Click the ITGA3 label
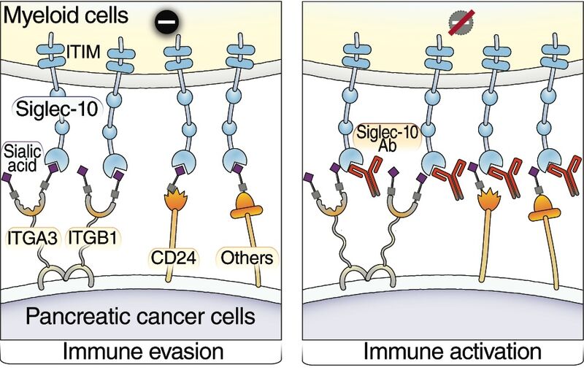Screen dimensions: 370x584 pyautogui.click(x=31, y=236)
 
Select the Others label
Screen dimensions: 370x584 pyautogui.click(x=247, y=257)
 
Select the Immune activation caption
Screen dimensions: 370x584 pyautogui.click(x=443, y=352)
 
